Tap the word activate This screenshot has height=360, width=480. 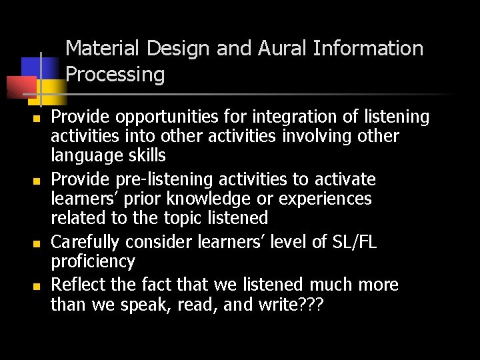342,180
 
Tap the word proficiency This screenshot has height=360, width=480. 93,261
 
